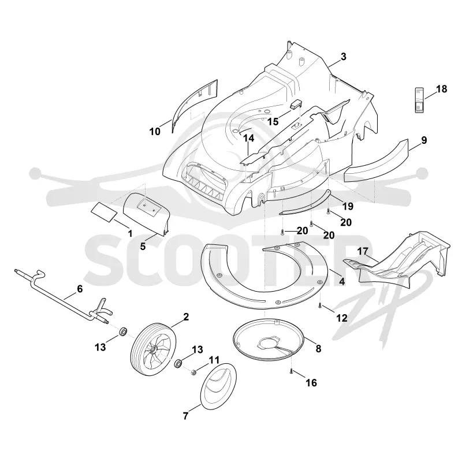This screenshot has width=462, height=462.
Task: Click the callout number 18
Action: pos(441,89)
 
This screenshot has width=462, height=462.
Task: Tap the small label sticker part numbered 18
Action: pos(420,100)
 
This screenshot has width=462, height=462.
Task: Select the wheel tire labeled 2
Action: pos(153,349)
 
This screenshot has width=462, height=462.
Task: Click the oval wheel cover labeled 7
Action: pos(218,386)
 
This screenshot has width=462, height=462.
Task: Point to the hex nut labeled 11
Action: pos(194,372)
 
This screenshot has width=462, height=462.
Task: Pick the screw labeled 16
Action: pos(291,371)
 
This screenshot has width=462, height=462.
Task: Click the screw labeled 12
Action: pos(320,306)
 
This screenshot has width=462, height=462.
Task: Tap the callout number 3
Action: pos(344,57)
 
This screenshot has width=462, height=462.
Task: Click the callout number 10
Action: pos(155,132)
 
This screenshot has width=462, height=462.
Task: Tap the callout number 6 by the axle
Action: pos(80,289)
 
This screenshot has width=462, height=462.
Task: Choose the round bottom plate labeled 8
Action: pos(268,339)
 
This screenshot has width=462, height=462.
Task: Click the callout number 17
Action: pos(363,251)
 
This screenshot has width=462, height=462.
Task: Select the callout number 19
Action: pos(348,206)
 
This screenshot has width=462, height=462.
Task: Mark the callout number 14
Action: pos(248,138)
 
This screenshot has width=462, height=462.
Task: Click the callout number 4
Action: pos(342,281)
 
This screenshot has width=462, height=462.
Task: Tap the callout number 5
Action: pos(143,247)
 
